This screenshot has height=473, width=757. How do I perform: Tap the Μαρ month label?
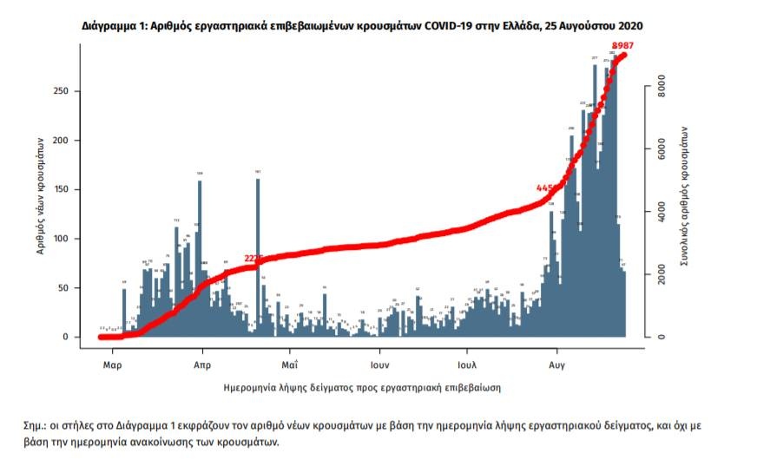tap(112, 365)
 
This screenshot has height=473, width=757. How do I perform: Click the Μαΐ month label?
tap(290, 365)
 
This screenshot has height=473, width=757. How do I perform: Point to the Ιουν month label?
tap(379, 365)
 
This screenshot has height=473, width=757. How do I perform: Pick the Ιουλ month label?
tap(469, 365)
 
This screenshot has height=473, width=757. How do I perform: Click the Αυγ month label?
tap(558, 365)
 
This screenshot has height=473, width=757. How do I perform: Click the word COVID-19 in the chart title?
tap(444, 27)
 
